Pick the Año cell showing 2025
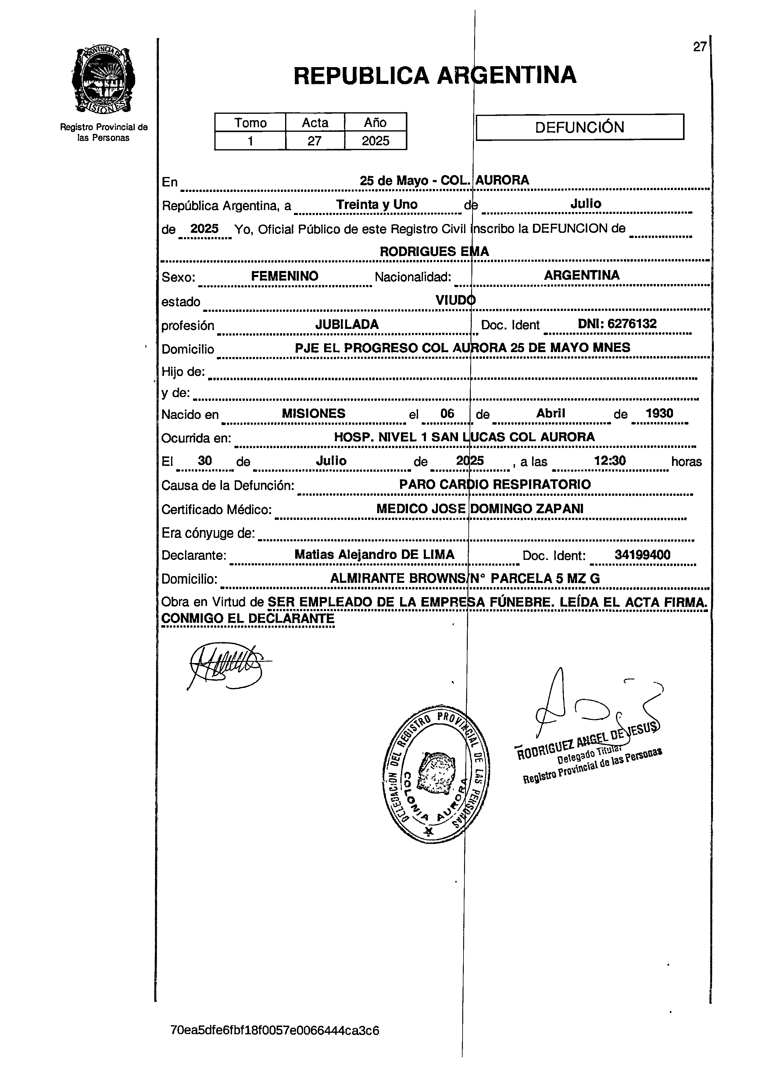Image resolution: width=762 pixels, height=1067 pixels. [375, 141]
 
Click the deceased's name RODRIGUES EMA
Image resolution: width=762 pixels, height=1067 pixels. [434, 252]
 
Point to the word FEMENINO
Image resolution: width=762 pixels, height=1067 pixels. [284, 276]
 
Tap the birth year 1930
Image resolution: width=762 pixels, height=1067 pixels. [659, 413]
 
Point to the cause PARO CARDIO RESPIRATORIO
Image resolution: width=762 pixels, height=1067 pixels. [495, 485]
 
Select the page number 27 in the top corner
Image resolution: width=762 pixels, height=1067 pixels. [699, 47]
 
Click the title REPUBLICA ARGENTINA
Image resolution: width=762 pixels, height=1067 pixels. [435, 75]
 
